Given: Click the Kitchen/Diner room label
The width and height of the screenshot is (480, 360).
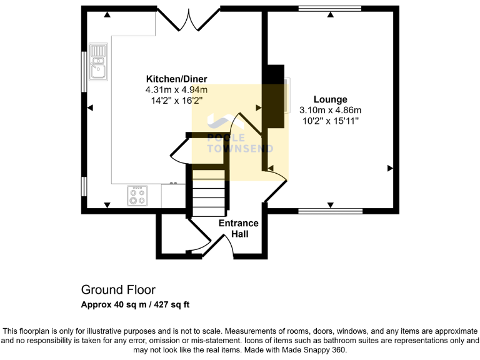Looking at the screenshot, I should [176, 79].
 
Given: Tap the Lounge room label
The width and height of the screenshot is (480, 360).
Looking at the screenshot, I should [330, 99].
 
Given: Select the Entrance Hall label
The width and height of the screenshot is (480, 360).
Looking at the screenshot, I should [238, 229].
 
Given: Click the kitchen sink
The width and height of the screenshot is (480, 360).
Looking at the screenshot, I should [98, 62].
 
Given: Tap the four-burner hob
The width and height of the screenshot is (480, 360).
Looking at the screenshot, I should [137, 196].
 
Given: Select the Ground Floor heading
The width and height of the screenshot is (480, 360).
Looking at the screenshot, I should [118, 290].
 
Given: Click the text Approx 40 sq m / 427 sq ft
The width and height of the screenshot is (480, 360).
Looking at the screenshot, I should [135, 305].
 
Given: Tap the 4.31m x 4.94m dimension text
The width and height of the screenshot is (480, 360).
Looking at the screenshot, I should [176, 89].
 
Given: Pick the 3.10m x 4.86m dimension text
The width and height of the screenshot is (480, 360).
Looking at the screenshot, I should [330, 110].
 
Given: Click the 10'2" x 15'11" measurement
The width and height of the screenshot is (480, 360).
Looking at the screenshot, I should [330, 121].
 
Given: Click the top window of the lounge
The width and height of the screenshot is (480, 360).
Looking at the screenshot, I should [330, 9].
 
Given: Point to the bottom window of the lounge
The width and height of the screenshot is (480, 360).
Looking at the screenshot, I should [330, 211].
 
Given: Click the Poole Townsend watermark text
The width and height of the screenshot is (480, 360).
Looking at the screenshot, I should [240, 143].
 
